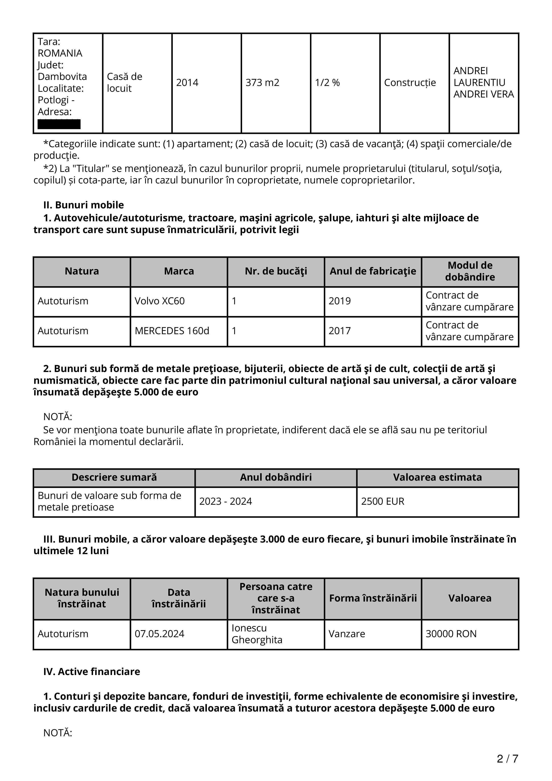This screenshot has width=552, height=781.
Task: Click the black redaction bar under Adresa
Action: (59, 124)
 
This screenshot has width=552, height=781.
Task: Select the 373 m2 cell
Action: (262, 83)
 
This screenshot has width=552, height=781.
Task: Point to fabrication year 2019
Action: (339, 301)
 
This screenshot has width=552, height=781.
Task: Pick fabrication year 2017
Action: (339, 331)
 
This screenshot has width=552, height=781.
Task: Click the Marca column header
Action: (179, 271)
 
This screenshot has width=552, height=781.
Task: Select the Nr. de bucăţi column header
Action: (276, 271)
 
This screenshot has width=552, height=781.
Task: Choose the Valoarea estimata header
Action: (437, 477)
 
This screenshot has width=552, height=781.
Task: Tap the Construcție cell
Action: (410, 83)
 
